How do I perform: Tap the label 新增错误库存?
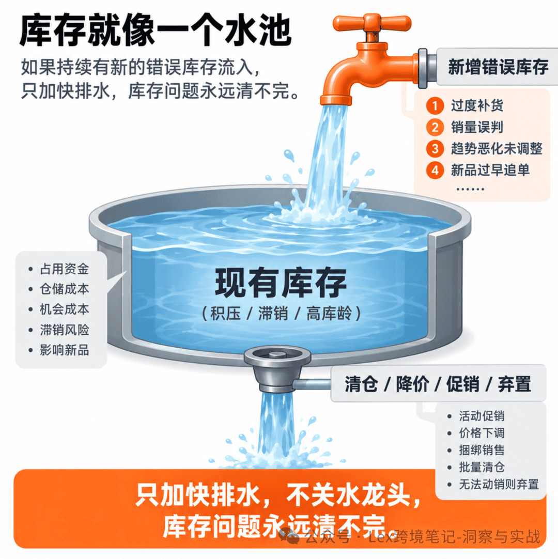[498, 67]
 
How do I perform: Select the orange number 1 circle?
[435, 105]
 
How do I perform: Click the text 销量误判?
[477, 127]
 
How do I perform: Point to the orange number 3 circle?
[435, 149]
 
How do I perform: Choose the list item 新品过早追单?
[490, 170]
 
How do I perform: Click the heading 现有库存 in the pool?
[280, 283]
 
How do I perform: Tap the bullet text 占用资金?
[65, 269]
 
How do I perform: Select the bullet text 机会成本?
[65, 309]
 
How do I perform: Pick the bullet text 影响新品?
[65, 350]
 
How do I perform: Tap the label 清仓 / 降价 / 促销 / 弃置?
[438, 384]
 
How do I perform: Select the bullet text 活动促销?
[482, 416]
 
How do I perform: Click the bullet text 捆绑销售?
[482, 450]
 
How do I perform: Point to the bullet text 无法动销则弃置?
[499, 484]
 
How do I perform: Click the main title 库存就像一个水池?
[156, 31]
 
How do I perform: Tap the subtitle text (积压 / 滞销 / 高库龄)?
[281, 314]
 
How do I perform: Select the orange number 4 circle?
[435, 170]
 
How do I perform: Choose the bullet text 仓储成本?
[65, 289]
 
